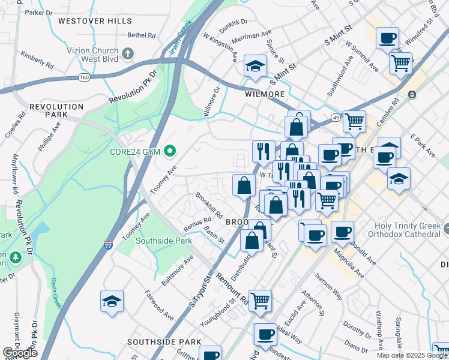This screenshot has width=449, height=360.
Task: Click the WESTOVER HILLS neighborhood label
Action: [95, 21]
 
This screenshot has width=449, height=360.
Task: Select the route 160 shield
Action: [83, 77]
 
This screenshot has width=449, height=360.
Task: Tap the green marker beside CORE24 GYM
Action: [170, 151]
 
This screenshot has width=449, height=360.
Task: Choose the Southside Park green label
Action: [163, 241]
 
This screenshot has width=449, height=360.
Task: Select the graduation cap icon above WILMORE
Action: [255, 66]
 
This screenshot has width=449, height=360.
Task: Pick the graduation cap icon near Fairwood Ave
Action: [112, 301]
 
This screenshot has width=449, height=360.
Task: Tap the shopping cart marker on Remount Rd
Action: [260, 299]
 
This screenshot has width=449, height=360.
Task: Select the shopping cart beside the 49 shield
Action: [354, 121]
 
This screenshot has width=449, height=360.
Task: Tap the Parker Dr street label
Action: [40, 12]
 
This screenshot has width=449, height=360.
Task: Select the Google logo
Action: [20, 352]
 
